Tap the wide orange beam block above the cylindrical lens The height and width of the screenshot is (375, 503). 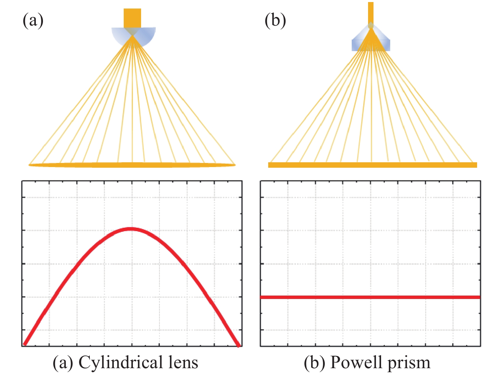point(132,18)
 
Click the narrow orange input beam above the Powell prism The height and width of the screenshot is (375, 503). point(371,12)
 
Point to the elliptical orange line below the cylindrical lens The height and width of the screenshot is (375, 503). point(132,165)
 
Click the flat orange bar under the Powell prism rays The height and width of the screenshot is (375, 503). point(372,165)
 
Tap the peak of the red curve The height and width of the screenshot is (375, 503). point(131,229)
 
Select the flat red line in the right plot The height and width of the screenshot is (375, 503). point(370,297)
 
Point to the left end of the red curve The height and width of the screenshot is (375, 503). point(25,343)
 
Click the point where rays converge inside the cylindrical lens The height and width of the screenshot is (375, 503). point(132,36)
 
